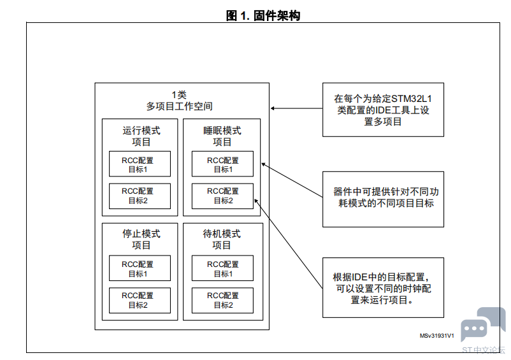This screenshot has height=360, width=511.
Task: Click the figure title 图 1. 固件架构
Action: click(x=263, y=15)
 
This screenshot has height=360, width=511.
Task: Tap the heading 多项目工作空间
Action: click(x=179, y=106)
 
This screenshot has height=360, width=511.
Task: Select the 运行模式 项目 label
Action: click(x=141, y=136)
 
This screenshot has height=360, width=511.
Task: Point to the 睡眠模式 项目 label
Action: click(x=222, y=136)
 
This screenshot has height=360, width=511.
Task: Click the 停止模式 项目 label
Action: click(x=141, y=239)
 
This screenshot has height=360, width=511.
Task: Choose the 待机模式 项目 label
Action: click(x=222, y=239)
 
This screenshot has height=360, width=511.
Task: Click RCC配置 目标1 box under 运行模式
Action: click(x=140, y=164)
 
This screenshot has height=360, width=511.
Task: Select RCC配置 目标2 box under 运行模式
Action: click(x=140, y=196)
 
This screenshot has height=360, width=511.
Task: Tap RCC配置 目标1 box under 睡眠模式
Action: click(x=222, y=164)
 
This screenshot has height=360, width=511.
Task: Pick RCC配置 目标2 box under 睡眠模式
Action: click(x=222, y=196)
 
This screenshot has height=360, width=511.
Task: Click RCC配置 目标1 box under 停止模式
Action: click(x=140, y=268)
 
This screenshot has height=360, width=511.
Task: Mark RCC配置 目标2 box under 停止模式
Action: click(x=140, y=300)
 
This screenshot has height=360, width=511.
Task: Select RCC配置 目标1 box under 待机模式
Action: click(x=222, y=268)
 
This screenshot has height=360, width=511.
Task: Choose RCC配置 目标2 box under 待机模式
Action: click(x=222, y=300)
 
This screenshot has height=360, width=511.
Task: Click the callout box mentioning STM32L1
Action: click(x=384, y=110)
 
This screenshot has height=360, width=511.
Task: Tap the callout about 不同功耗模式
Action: click(x=384, y=199)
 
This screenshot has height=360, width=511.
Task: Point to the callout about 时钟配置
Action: click(x=384, y=287)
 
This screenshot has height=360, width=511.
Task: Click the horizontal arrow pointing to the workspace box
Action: click(x=296, y=108)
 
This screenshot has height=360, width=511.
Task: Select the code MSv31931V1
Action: click(x=436, y=336)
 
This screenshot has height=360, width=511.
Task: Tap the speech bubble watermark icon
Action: click(x=484, y=324)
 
